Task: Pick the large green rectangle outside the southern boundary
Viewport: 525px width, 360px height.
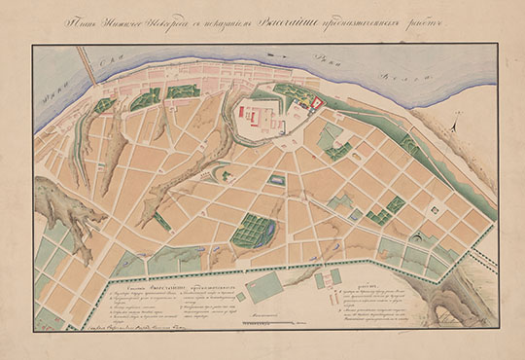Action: click(264, 286)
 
